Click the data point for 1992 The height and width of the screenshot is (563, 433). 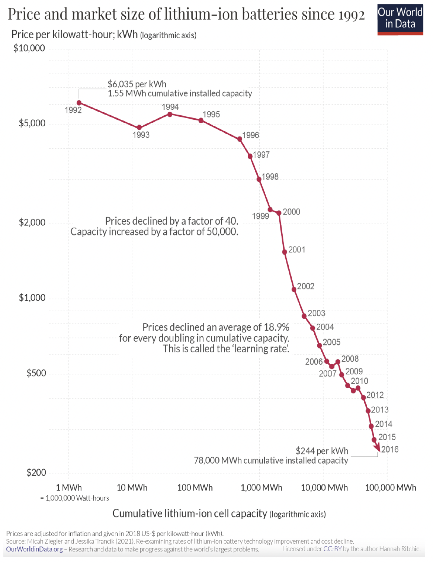(79, 103)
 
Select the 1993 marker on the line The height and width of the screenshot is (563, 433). (139, 128)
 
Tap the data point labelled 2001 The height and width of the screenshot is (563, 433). (285, 252)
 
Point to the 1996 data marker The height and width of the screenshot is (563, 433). (240, 139)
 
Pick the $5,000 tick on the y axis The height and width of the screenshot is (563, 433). (32, 123)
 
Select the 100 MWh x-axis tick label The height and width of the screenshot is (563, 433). (195, 488)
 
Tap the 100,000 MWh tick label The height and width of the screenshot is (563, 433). (391, 488)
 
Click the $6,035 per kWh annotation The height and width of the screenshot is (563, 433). (137, 84)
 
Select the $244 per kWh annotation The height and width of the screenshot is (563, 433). (322, 451)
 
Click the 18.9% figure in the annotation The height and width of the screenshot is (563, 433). (276, 327)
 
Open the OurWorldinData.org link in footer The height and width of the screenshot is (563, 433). (34, 549)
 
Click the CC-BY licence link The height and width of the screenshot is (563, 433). (332, 549)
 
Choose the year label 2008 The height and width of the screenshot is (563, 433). (350, 359)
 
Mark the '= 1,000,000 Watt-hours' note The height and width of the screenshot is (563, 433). (74, 498)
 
